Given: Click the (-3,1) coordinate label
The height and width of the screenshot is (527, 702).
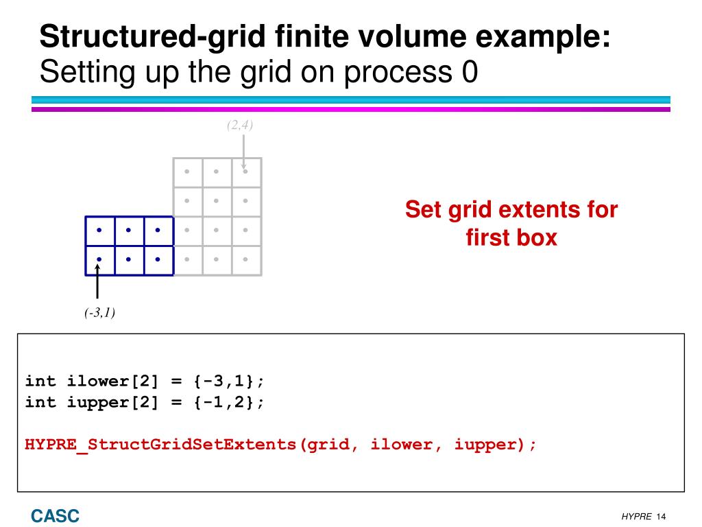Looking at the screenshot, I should pos(100,313).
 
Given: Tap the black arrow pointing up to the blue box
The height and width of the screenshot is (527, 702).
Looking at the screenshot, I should pos(99,283).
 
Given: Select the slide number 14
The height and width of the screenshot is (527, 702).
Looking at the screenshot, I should pos(662,516).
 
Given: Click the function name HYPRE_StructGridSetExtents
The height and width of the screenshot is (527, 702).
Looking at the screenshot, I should pos(160,444).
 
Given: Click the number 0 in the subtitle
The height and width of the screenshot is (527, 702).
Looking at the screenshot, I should pos(470,73).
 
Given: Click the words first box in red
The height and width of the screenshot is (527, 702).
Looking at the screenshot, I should pos(511,238).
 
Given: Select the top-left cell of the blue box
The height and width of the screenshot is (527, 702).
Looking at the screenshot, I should pos(99,231).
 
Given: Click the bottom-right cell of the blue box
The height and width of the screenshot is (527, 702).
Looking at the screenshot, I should pos(158,260).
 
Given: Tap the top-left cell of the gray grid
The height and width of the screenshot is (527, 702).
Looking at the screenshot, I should pos(187,172).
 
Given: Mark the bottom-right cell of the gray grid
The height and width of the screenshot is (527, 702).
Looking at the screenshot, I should pos(246,260).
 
